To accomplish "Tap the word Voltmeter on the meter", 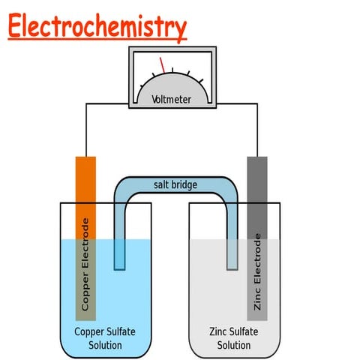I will (x=171, y=99).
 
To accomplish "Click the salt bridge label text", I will (x=175, y=184).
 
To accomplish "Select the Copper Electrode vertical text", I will (x=85, y=264).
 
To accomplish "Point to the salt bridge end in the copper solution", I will (x=119, y=259).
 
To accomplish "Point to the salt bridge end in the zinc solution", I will (x=233, y=259).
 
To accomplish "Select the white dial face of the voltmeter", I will (x=171, y=79).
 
